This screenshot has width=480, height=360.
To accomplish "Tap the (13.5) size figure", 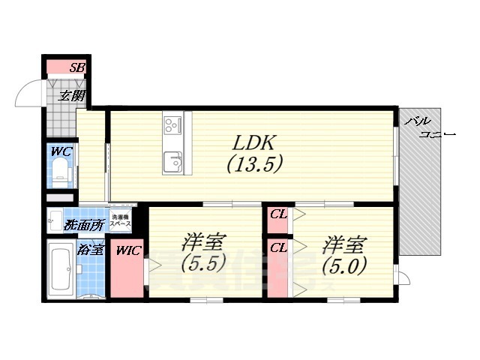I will (x=256, y=165).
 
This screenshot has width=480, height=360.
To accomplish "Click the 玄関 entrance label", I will (x=73, y=95).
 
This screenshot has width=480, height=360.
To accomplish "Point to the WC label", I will (x=61, y=151).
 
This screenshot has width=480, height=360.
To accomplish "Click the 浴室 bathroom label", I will (x=90, y=250).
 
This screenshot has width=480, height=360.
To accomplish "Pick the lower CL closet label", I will (x=278, y=247).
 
